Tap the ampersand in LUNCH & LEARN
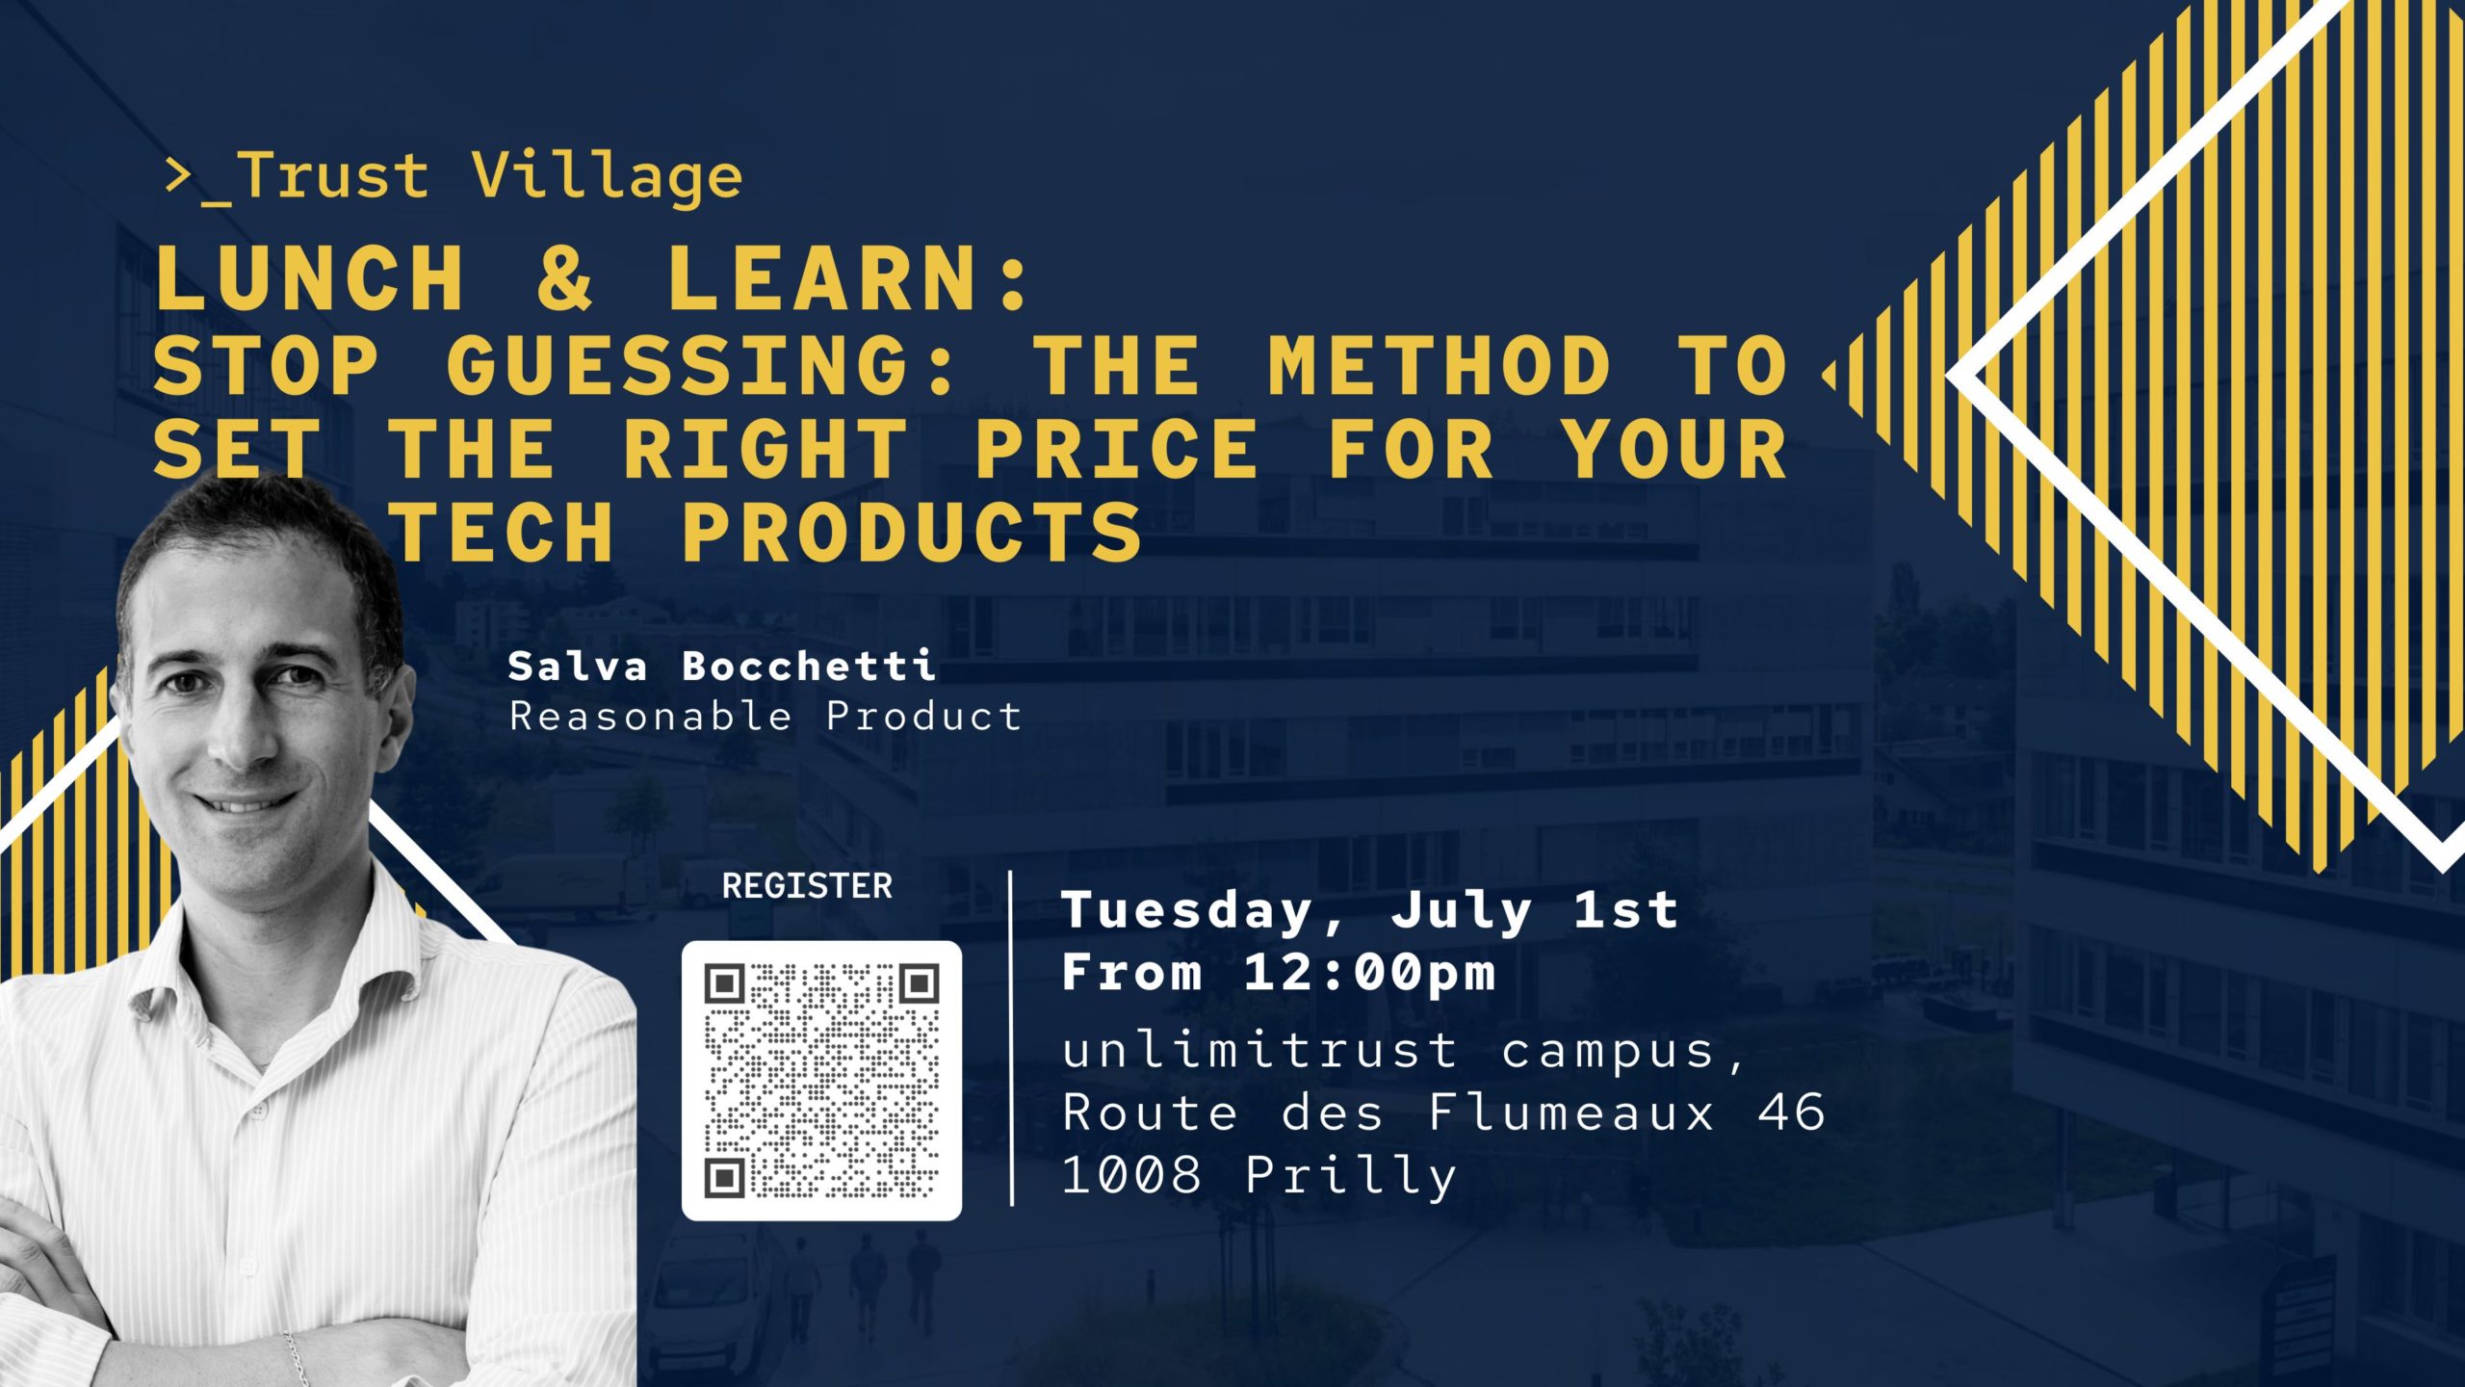[565, 278]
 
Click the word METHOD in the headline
[1439, 366]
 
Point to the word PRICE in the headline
[1116, 449]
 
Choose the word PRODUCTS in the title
[912, 532]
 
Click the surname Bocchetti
[809, 667]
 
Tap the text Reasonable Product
[765, 717]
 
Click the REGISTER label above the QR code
[807, 886]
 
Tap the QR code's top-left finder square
[725, 984]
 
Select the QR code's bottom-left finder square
[725, 1177]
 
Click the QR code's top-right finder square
[919, 984]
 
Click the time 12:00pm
[1369, 973]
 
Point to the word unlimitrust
[1259, 1049]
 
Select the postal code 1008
[1132, 1175]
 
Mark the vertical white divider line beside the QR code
[1011, 1038]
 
